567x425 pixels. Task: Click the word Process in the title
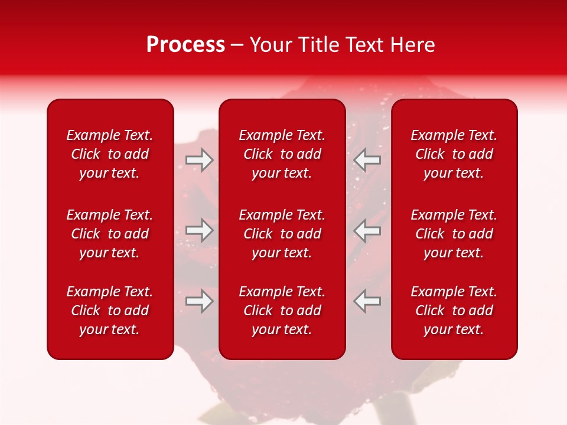click(185, 45)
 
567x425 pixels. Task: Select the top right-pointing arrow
click(200, 160)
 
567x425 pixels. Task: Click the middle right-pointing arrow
click(200, 230)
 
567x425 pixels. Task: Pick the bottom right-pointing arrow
click(200, 301)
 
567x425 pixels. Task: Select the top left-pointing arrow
click(367, 160)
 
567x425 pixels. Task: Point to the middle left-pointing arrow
click(367, 230)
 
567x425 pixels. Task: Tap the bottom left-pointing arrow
click(367, 301)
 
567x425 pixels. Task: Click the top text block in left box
click(110, 154)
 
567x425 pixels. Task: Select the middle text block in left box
click(110, 234)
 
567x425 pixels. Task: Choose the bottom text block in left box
click(110, 310)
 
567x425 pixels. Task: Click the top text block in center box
click(282, 154)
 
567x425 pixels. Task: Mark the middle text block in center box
click(282, 234)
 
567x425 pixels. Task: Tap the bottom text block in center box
click(282, 310)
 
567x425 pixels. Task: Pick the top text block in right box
click(454, 154)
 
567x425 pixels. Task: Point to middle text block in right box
click(454, 234)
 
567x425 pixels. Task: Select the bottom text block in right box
click(454, 310)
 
